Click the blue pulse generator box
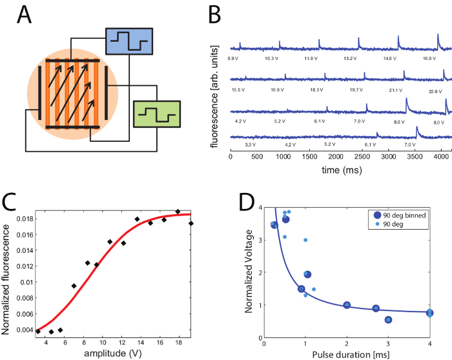click(x=129, y=40)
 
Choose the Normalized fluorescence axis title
click(x=7, y=275)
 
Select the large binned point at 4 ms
click(x=429, y=313)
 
